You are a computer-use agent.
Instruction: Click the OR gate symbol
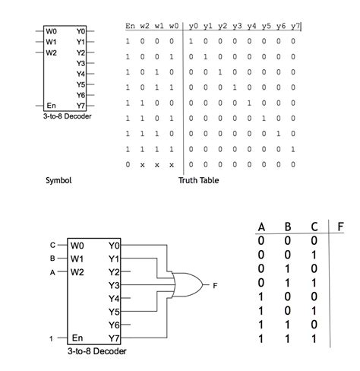click(x=186, y=285)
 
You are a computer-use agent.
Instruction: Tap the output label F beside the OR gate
click(x=215, y=286)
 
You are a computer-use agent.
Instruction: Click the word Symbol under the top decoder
click(x=58, y=180)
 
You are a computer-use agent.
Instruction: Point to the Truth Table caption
click(x=198, y=180)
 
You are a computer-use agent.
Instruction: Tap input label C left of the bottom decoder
click(x=52, y=246)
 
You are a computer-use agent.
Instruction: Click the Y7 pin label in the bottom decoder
click(x=115, y=338)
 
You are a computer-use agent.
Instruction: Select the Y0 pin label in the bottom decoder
click(x=115, y=246)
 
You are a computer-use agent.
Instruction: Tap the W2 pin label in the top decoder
click(x=51, y=53)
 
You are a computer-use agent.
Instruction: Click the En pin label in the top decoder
click(x=51, y=104)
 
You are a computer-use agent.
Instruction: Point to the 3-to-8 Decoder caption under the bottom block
click(x=96, y=352)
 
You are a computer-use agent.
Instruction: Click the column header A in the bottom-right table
click(x=261, y=227)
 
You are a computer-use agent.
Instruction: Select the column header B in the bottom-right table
click(x=287, y=227)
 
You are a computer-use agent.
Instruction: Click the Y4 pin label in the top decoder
click(x=81, y=74)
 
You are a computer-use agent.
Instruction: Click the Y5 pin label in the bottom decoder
click(x=115, y=311)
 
